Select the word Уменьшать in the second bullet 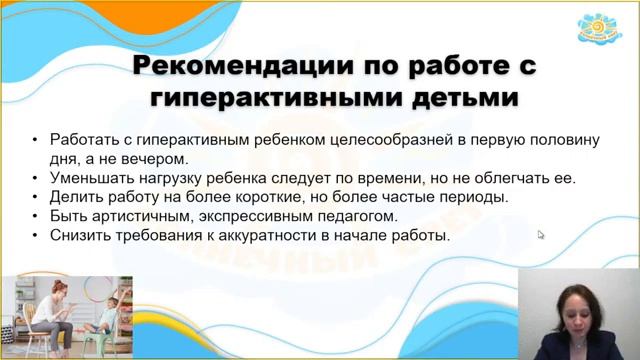[x=87, y=178]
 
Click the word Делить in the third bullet [x=71, y=197]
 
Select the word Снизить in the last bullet [x=77, y=236]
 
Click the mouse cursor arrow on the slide [x=541, y=235]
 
